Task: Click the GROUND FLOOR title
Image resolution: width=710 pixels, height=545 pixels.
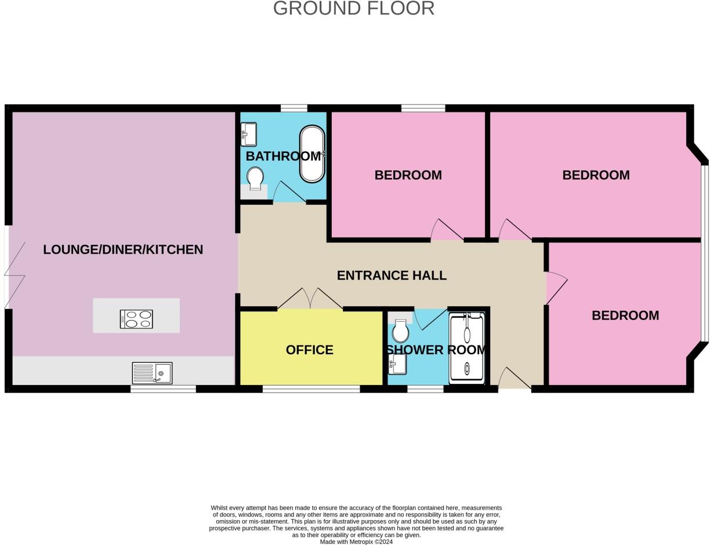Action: [x=353, y=8]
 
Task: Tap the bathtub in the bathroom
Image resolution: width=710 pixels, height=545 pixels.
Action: [x=312, y=154]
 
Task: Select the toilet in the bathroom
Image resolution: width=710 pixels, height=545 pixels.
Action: [x=255, y=178]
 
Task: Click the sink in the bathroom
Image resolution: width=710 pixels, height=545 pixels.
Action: [x=249, y=135]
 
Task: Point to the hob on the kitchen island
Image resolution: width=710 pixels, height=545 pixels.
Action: [x=136, y=319]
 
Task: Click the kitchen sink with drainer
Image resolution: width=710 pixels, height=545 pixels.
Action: [x=152, y=373]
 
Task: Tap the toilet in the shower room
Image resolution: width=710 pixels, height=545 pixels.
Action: [x=400, y=331]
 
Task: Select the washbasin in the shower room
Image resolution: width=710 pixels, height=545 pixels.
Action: [x=397, y=364]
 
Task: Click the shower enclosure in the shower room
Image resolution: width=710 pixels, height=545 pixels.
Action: [x=466, y=348]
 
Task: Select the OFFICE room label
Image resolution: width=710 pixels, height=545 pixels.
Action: [x=309, y=350]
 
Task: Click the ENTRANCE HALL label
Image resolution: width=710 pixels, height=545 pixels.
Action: [x=392, y=275]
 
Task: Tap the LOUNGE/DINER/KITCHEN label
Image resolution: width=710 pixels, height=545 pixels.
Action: [x=123, y=250]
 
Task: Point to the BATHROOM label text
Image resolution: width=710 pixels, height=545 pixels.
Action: [x=283, y=156]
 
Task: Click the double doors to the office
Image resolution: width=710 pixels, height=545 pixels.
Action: [x=310, y=299]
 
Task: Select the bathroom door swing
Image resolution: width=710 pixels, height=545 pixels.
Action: [x=288, y=192]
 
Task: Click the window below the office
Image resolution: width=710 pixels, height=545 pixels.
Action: [x=311, y=389]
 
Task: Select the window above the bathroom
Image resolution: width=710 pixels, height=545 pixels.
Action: [x=294, y=108]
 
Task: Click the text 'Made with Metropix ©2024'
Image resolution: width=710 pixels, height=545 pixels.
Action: [x=356, y=542]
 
